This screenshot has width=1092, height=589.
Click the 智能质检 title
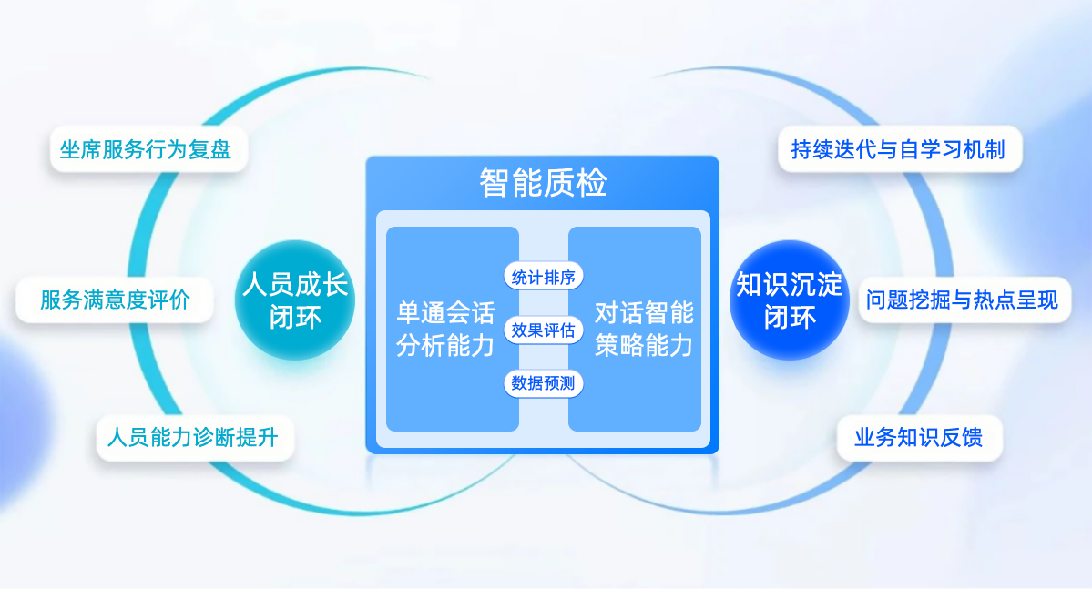(x=543, y=182)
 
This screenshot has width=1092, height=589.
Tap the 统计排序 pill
(x=543, y=277)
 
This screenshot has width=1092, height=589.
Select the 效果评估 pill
(x=543, y=330)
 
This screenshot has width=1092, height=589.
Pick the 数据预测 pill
(x=543, y=383)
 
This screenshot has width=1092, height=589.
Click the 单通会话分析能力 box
(x=452, y=329)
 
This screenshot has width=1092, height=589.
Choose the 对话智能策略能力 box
(x=635, y=329)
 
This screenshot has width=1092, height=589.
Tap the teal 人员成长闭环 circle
(x=295, y=300)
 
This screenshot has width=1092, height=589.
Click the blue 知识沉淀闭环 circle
(x=789, y=300)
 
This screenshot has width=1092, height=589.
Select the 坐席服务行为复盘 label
(x=148, y=149)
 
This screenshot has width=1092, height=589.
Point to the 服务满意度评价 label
(x=115, y=300)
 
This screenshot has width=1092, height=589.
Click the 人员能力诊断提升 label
(x=195, y=438)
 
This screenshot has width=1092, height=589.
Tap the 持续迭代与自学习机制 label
(x=899, y=149)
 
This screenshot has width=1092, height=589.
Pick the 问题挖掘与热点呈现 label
(x=964, y=300)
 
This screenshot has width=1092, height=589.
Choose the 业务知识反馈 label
(x=919, y=438)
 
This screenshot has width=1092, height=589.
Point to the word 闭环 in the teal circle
(x=295, y=318)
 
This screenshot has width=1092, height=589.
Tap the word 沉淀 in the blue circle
(x=816, y=284)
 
